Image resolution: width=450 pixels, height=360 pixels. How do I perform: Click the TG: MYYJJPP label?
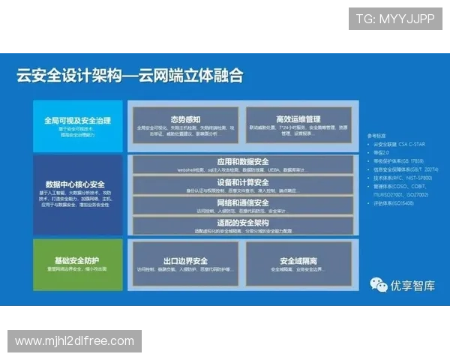click(x=395, y=18)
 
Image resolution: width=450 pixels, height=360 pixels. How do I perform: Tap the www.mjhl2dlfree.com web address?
click(x=74, y=341)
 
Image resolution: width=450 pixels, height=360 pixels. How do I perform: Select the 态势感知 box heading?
click(x=184, y=119)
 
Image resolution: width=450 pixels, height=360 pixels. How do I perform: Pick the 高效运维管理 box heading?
click(x=298, y=119)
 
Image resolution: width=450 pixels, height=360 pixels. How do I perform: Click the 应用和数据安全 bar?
click(x=242, y=161)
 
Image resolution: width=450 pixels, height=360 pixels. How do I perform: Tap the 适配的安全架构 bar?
click(x=242, y=223)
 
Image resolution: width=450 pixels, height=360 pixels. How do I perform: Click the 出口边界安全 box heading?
click(x=184, y=261)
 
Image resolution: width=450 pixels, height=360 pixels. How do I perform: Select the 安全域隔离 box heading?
click(x=298, y=261)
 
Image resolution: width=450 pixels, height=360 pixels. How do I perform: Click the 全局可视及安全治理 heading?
click(x=77, y=120)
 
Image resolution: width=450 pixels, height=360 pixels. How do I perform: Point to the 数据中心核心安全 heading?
click(x=75, y=184)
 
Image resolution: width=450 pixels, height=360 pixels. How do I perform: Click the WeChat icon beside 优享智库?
click(x=379, y=284)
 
